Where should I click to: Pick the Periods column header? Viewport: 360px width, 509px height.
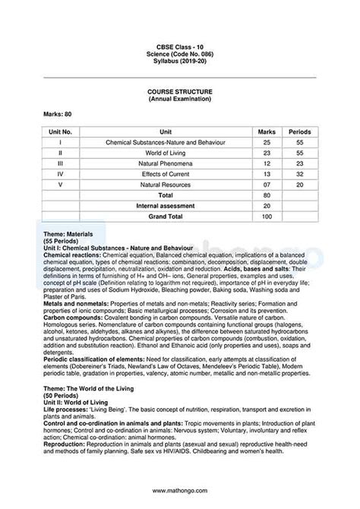pos(300,131)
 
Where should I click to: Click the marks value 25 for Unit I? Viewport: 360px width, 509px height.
pos(266,142)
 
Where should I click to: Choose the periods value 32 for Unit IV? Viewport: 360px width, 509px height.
pos(300,174)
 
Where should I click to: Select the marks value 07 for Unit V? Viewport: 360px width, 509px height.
pos(266,185)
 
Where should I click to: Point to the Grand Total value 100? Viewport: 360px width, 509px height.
pos(266,217)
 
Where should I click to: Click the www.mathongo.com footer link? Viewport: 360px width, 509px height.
pos(180,490)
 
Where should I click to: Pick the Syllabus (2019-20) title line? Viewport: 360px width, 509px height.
pos(180,61)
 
